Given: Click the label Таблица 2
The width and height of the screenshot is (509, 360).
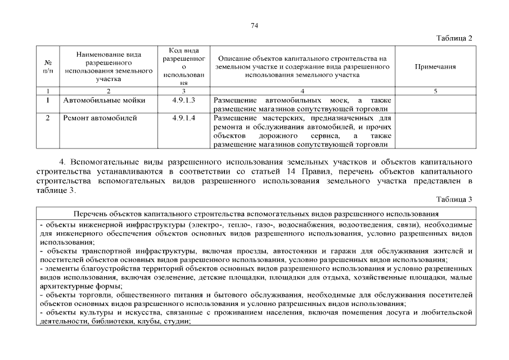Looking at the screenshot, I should coord(454,38).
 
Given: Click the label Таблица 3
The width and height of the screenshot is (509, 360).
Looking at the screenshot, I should coord(454,199).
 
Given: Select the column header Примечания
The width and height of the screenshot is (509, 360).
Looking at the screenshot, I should coord(435,66).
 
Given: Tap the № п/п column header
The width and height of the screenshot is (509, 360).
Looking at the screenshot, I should coord(48,66).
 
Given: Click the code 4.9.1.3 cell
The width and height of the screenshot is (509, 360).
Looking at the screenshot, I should coord(183,100).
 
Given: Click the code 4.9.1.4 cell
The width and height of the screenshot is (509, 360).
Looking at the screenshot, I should coord(183,118).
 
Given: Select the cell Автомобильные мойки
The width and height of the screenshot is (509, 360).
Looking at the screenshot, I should coord(104,100).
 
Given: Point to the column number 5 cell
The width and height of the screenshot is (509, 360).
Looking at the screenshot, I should coord(435,91).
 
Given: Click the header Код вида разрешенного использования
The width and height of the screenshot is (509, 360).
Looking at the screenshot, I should coord(183,66).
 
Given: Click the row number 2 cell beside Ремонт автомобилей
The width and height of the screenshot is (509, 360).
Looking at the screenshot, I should coord(48,118).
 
